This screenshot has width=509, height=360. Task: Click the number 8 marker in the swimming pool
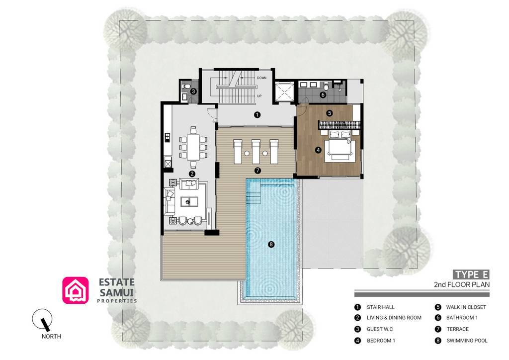(x=271, y=244)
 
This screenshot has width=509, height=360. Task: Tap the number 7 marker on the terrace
(x=257, y=171)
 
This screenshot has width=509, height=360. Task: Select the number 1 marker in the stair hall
(x=257, y=115)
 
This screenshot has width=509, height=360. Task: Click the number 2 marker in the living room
(x=192, y=174)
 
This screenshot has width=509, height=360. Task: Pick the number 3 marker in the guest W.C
(x=193, y=91)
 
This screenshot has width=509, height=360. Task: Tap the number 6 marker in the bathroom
(x=323, y=94)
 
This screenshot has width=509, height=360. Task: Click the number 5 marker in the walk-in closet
(x=329, y=113)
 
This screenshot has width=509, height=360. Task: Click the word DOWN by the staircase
(x=262, y=78)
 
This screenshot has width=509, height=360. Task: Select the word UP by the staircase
(x=259, y=95)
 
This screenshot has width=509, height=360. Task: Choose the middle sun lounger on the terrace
(x=255, y=151)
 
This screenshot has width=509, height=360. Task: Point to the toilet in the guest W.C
(x=185, y=87)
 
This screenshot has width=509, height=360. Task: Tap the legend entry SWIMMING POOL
(x=467, y=341)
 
